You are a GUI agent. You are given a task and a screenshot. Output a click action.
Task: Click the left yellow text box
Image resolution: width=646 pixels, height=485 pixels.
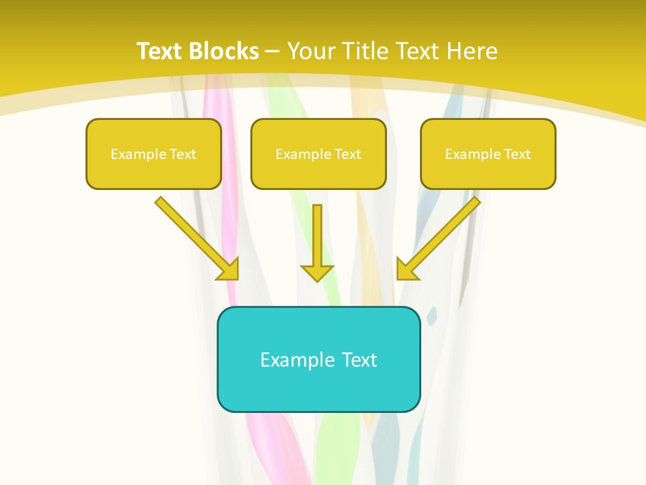[x=153, y=154]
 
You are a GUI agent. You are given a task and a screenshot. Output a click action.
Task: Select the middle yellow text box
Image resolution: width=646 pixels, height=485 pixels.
[x=318, y=154]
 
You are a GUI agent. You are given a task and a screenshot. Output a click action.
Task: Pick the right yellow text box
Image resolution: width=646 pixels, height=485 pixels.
[x=488, y=154]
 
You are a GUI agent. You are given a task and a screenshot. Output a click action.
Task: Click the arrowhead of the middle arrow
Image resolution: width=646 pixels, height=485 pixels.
[x=317, y=273]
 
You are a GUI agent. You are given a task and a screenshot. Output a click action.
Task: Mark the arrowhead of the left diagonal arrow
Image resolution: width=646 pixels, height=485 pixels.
[x=229, y=269]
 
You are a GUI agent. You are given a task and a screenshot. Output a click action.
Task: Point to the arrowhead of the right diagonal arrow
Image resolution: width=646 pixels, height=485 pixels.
[x=406, y=269]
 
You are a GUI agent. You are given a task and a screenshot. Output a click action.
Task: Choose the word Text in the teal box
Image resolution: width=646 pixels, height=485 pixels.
[x=359, y=360]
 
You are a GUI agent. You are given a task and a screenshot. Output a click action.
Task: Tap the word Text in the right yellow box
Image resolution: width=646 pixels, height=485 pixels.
[x=517, y=154]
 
